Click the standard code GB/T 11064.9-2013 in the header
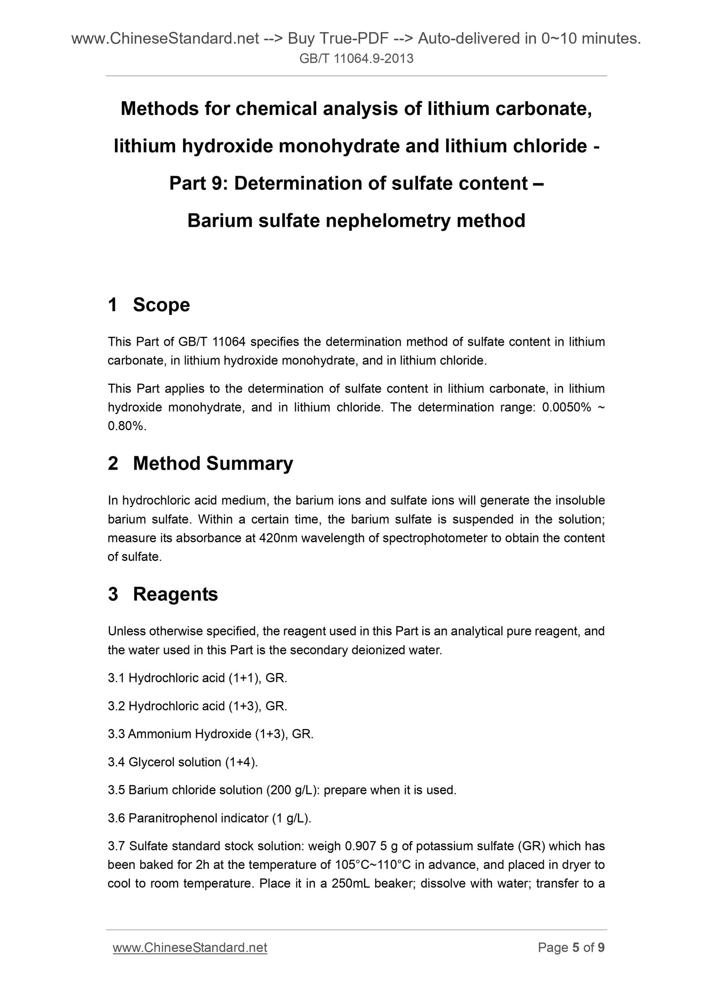pyautogui.click(x=356, y=59)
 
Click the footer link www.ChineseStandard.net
pyautogui.click(x=190, y=947)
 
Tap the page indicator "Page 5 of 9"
pyautogui.click(x=571, y=947)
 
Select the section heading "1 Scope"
pyautogui.click(x=149, y=305)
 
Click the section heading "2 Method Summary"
pyautogui.click(x=200, y=464)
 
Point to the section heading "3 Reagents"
pyautogui.click(x=163, y=594)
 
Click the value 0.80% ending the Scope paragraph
pyautogui.click(x=126, y=426)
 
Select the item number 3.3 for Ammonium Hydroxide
pyautogui.click(x=116, y=734)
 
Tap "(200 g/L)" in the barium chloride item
pyautogui.click(x=289, y=790)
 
